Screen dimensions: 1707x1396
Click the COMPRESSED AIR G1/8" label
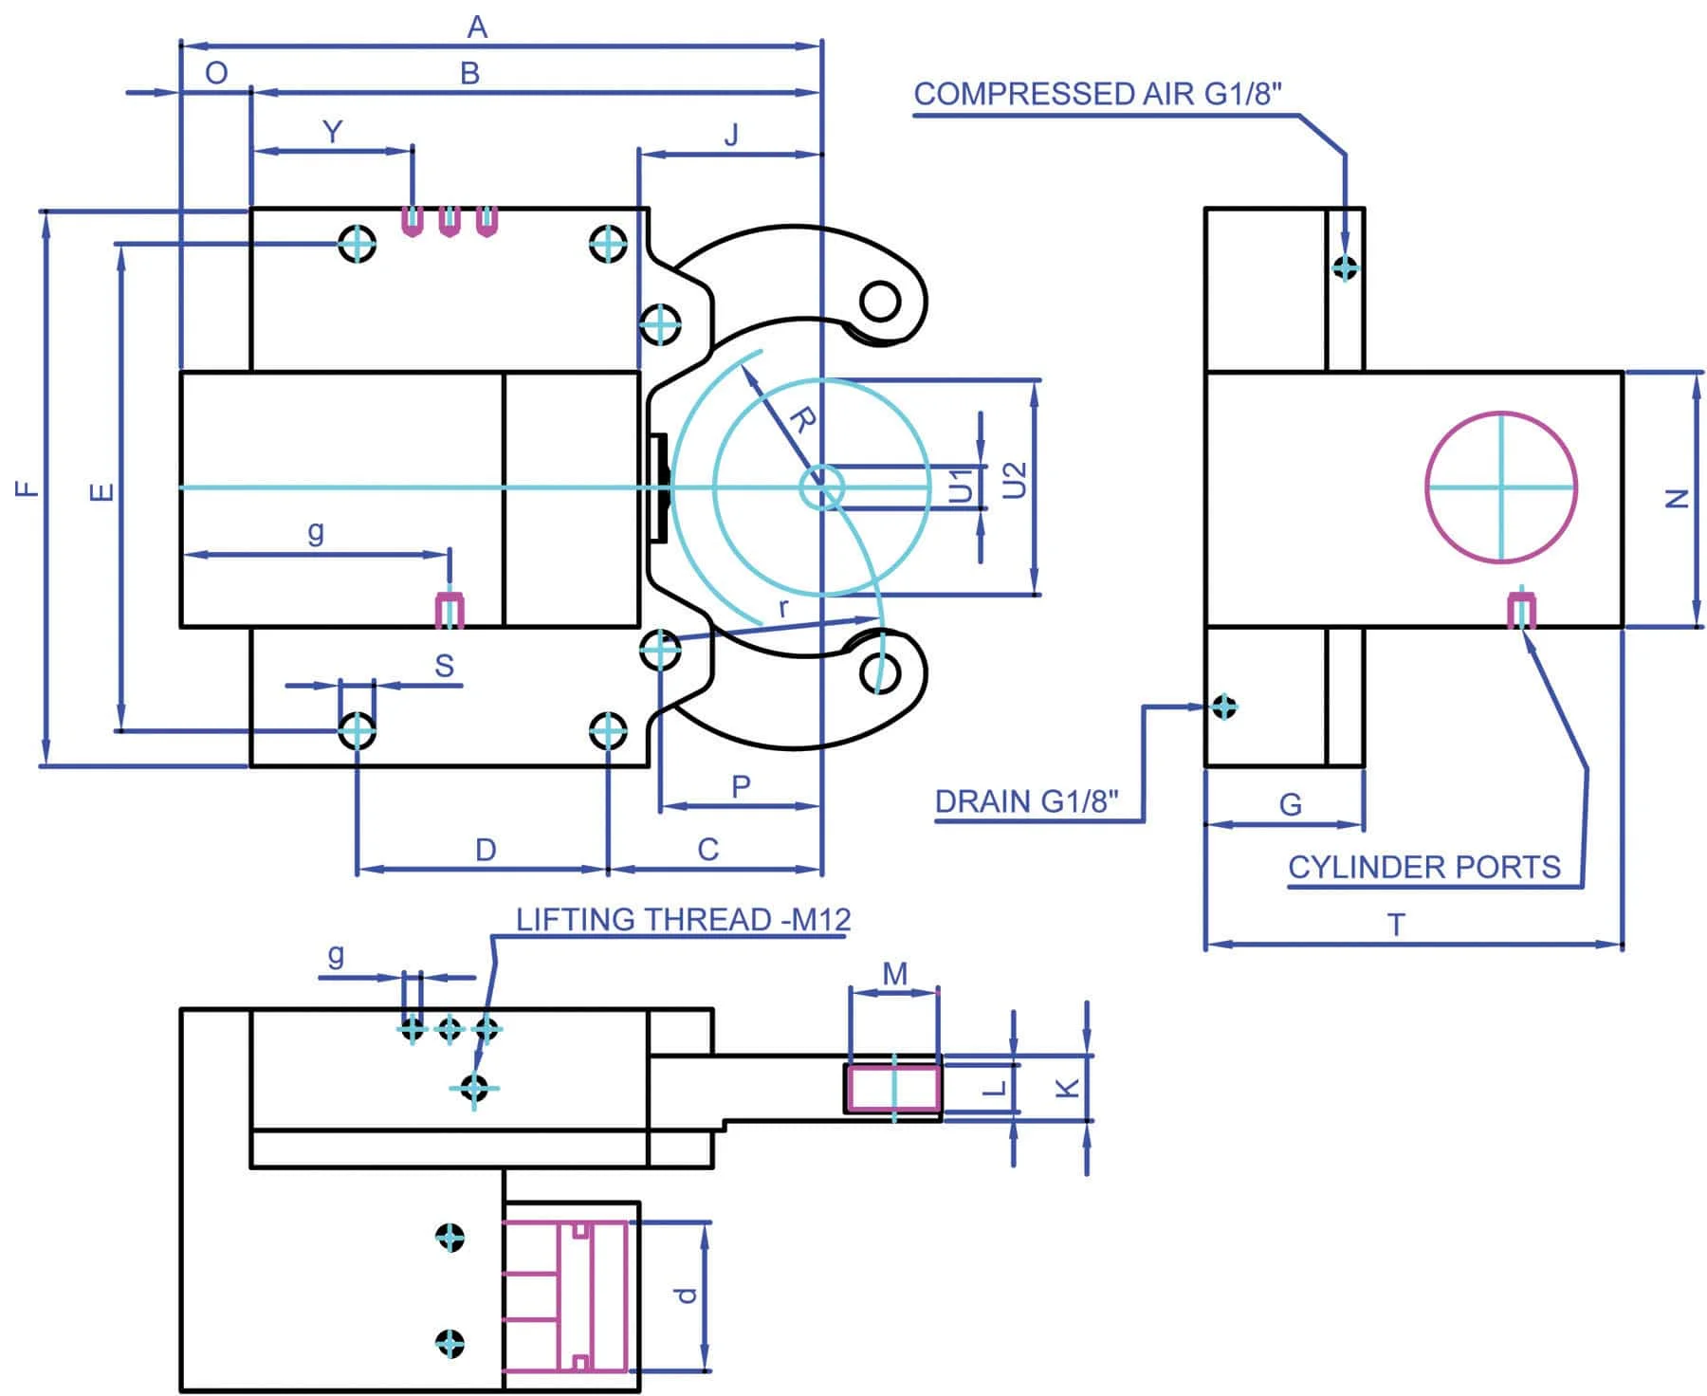[1097, 94]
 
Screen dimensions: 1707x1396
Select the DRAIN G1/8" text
[1026, 801]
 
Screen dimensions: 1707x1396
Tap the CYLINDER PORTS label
[1423, 867]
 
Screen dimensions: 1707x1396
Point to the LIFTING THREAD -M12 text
[683, 919]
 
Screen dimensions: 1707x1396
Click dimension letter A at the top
[477, 28]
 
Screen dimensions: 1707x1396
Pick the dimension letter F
[28, 489]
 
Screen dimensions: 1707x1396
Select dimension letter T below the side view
[1396, 924]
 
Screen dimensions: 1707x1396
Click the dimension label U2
[1014, 480]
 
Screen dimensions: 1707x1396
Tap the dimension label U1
[961, 486]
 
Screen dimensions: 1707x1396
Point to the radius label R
[802, 419]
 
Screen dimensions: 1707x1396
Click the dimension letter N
[1678, 498]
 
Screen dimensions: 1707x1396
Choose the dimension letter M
[894, 974]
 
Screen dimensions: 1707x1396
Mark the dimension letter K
[1068, 1087]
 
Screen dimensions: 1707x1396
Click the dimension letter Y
[332, 132]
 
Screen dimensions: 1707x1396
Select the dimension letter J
[731, 136]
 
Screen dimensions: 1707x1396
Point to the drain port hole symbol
[1224, 707]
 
